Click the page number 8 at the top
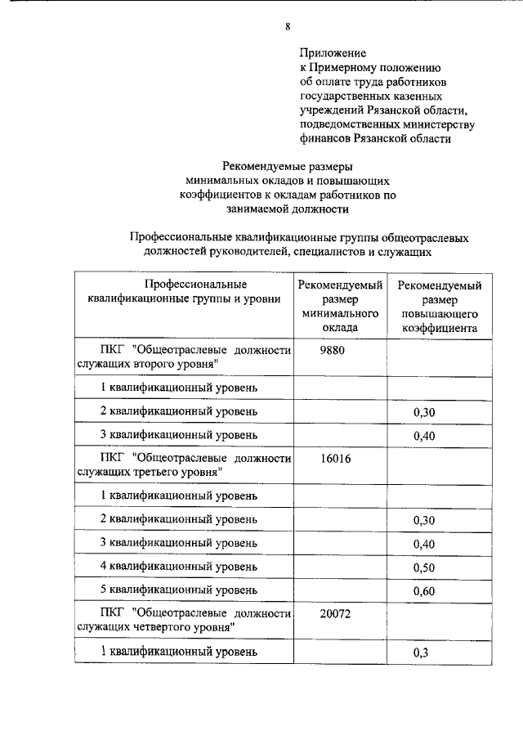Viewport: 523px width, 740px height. pyautogui.click(x=288, y=26)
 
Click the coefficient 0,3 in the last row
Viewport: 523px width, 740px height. pyautogui.click(x=422, y=653)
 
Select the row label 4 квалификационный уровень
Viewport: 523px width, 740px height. pyautogui.click(x=179, y=566)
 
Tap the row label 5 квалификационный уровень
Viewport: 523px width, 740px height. pyautogui.click(x=179, y=590)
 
